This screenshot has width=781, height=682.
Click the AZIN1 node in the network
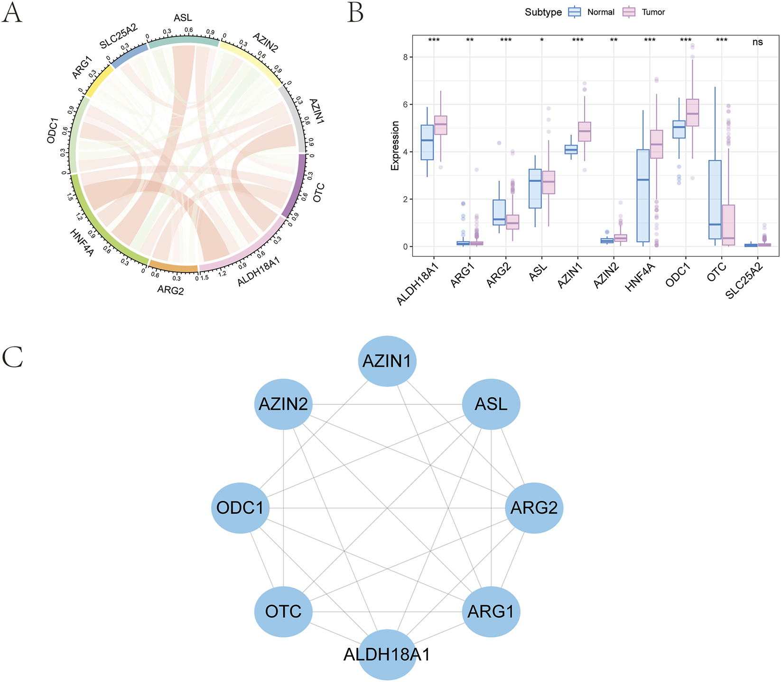[387, 361]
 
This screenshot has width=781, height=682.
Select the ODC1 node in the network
[240, 508]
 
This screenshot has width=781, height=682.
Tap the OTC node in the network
[283, 611]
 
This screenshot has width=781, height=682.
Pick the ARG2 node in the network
[534, 508]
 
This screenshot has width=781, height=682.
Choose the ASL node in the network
[491, 404]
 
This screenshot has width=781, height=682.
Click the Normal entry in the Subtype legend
[600, 12]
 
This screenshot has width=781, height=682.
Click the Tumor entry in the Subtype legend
[653, 12]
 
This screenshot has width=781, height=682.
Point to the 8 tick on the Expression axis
[405, 57]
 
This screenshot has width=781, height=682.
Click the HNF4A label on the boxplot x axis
[641, 278]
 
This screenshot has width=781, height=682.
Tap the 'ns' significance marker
[757, 42]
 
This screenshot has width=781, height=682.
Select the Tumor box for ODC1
[692, 113]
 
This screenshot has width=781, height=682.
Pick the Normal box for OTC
[715, 199]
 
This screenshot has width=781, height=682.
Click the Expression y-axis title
[395, 145]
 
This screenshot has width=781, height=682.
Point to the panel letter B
[355, 13]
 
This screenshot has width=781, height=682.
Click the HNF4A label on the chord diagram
[82, 242]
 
